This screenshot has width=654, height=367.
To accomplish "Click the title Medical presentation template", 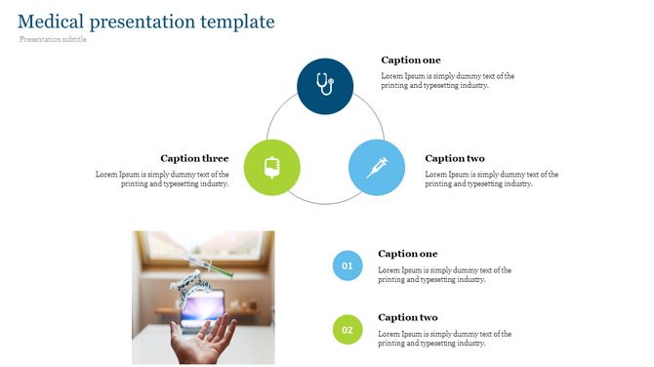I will (x=146, y=21).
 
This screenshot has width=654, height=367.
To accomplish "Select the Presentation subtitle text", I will (x=53, y=39).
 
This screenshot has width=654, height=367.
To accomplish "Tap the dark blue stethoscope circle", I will (x=325, y=86).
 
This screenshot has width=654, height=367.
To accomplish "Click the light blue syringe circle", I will (x=377, y=167).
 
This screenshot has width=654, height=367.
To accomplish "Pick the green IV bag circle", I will (x=271, y=167).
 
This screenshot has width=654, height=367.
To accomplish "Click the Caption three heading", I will (x=194, y=158).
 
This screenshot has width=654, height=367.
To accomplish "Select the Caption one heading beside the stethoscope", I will (x=410, y=61).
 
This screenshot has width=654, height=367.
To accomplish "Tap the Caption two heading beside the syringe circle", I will (x=455, y=158).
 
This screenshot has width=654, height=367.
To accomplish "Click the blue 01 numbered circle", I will (x=347, y=265).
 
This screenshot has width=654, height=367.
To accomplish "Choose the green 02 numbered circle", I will (x=347, y=330).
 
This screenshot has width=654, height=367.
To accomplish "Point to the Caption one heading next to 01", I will (x=407, y=254).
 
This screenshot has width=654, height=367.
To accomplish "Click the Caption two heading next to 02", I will (x=407, y=317).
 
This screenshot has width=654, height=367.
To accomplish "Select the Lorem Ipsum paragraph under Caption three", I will (x=162, y=179).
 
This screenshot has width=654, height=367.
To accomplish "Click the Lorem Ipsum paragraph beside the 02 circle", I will (x=444, y=338).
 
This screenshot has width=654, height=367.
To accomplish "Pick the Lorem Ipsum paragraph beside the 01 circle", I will (x=444, y=274).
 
